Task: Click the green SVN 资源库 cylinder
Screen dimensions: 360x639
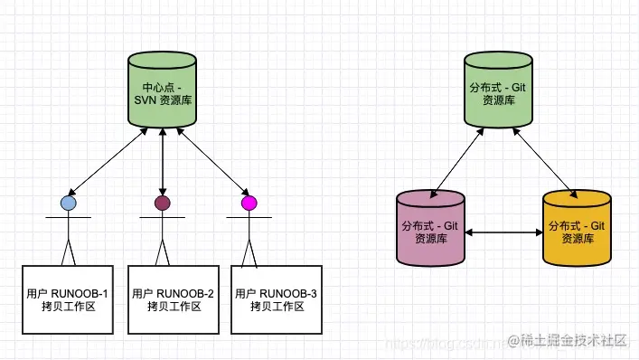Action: point(162,91)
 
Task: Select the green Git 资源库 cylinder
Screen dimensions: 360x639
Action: point(498,91)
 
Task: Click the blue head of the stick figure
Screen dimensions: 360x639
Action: point(68,204)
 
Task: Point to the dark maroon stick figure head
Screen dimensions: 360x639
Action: point(162,203)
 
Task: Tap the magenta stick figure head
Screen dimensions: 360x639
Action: point(249,203)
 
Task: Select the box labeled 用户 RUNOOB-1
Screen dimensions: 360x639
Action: point(68,299)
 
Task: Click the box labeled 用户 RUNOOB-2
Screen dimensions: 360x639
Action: point(174,299)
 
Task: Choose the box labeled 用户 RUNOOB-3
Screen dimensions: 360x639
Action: point(277,299)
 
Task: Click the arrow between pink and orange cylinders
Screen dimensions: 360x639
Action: point(503,233)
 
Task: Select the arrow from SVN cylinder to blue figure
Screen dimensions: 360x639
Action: point(106,162)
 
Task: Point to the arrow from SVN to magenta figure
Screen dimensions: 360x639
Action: point(212,162)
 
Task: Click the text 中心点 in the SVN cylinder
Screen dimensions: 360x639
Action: point(151,86)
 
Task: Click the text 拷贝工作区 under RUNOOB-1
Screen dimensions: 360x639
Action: point(68,307)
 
